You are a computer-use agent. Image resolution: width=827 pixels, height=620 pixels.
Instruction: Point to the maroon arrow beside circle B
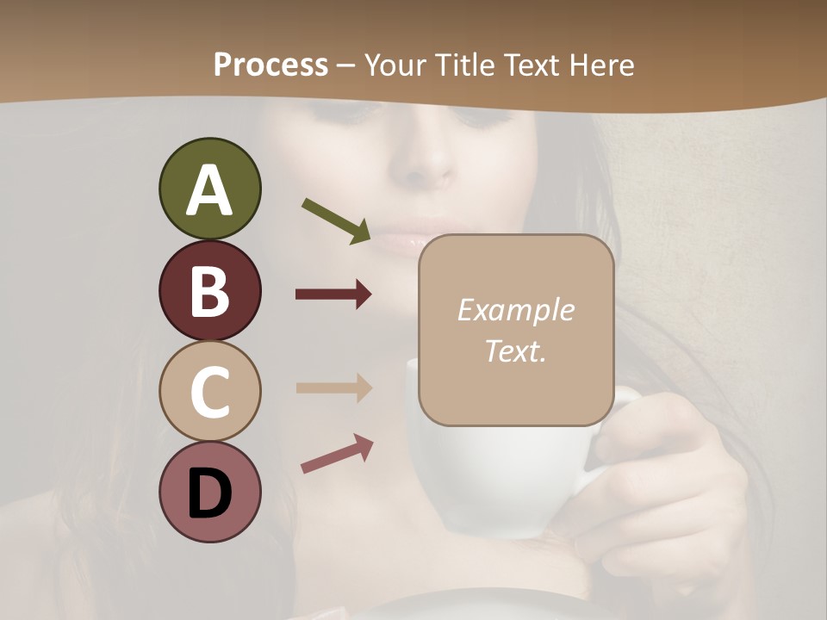click(333, 294)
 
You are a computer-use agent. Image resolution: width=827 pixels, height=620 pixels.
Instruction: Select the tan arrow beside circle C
click(333, 387)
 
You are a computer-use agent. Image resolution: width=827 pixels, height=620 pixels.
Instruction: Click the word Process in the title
click(270, 65)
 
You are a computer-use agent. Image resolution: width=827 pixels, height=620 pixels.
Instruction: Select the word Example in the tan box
click(515, 310)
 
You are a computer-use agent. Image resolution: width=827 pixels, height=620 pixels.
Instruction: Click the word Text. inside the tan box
click(515, 350)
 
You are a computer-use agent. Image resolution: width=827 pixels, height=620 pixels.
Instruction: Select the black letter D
click(209, 493)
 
